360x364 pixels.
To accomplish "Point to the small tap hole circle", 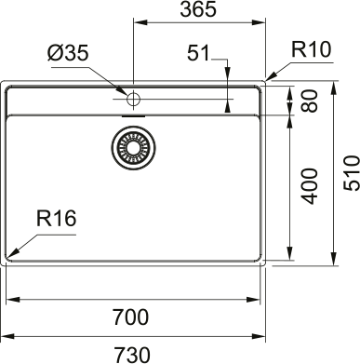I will (132, 98).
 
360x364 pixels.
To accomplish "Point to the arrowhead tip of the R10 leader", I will (267, 80).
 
